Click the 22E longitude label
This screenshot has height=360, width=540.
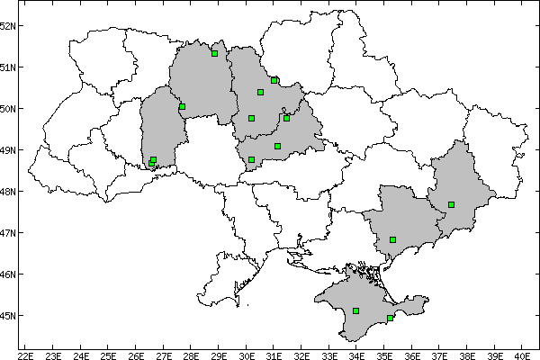(x=25, y=355)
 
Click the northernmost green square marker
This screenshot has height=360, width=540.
(x=214, y=53)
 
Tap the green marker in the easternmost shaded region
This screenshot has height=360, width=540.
(x=452, y=204)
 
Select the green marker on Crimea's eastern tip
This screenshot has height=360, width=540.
(x=390, y=318)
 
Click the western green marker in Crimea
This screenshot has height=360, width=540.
(x=356, y=310)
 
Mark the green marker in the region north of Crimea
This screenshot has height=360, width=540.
(x=393, y=239)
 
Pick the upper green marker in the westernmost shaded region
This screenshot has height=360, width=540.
(x=182, y=106)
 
